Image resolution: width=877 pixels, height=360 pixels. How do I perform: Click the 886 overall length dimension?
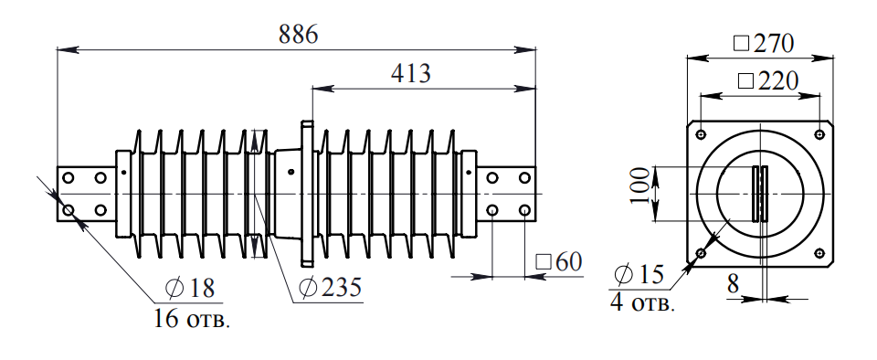(x=298, y=34)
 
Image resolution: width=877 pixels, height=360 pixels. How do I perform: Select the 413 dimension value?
(x=410, y=73)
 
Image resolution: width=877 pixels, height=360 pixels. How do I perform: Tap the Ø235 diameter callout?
(x=330, y=287)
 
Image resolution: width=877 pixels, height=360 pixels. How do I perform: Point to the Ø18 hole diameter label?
(x=190, y=288)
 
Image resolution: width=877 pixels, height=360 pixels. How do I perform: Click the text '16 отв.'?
(x=191, y=319)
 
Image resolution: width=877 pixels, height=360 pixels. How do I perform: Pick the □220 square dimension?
(x=768, y=81)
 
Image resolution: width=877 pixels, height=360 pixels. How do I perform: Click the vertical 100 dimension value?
(x=641, y=186)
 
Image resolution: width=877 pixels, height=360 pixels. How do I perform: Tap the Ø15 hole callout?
(x=639, y=274)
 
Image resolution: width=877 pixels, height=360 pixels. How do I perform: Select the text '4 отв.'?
(x=642, y=303)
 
